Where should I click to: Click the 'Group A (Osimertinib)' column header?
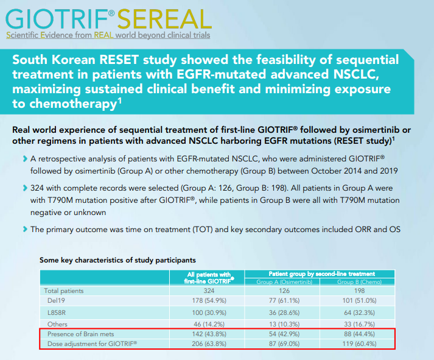282,282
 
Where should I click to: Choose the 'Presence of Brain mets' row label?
82,334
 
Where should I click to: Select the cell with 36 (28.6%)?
282,312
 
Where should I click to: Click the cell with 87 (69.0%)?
282,344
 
